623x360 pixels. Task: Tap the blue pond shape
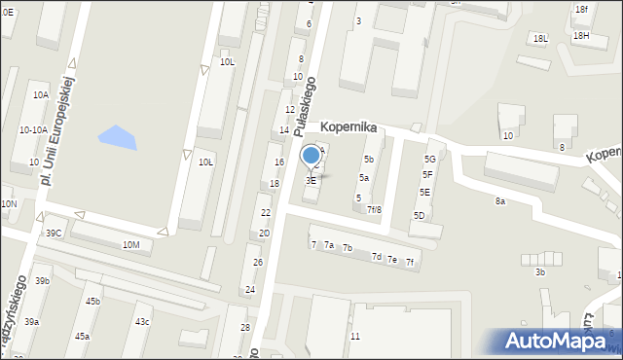pos(117,138)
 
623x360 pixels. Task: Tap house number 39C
pos(54,234)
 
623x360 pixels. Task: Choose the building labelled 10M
pos(130,245)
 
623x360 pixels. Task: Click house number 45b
pos(92,302)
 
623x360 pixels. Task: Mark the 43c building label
pos(142,322)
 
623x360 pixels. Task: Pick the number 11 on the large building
pos(355,337)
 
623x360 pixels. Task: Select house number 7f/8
pos(374,209)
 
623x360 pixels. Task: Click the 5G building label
pos(429,159)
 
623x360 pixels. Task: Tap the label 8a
pos(499,201)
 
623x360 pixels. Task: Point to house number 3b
pos(539,272)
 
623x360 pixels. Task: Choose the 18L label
pos(540,38)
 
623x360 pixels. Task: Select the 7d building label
pos(376,257)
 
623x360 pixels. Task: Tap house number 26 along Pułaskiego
pos(258,263)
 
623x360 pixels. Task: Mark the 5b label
pos(369,160)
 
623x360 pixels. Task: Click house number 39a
pos(32,322)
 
